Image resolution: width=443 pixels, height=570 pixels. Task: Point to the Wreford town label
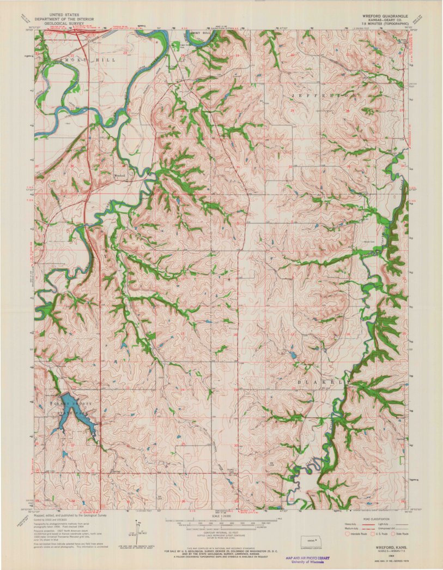[119, 176]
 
